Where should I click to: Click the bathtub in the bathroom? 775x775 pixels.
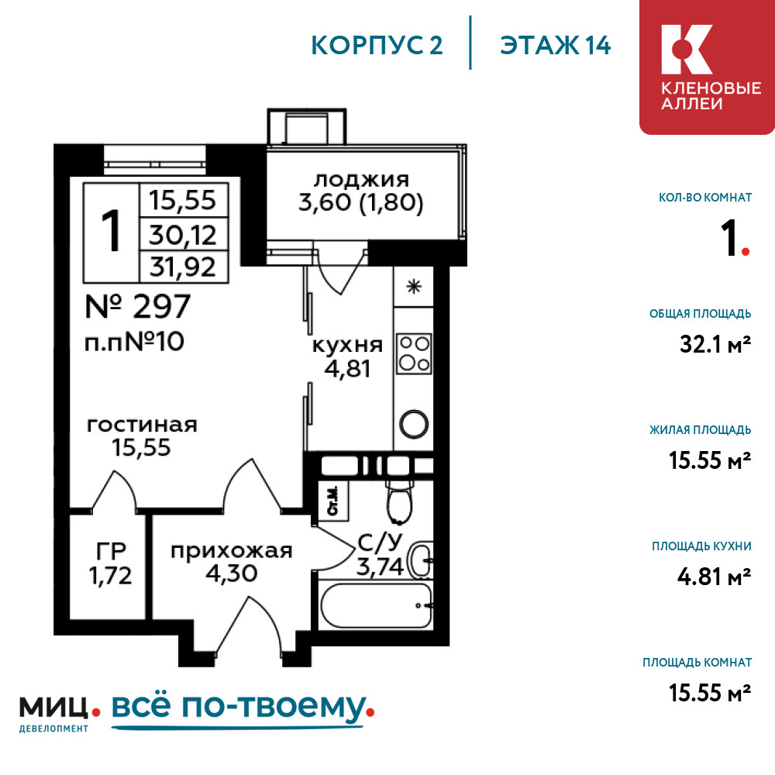click(376, 605)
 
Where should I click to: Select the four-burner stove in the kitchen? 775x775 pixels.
click(414, 354)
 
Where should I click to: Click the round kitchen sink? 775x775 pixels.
click(414, 424)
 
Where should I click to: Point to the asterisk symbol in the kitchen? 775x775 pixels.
click(414, 287)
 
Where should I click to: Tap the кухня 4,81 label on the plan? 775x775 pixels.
click(347, 356)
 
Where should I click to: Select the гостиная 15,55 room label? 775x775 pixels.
click(142, 436)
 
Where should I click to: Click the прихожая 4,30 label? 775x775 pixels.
click(231, 562)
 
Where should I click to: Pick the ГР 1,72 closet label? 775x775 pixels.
click(111, 563)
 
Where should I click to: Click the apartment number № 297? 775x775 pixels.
click(138, 306)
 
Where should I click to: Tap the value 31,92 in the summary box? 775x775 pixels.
click(183, 267)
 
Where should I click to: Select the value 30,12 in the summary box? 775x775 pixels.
click(183, 235)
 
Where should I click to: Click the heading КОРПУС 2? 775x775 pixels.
click(377, 46)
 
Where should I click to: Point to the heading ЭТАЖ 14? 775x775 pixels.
click(556, 46)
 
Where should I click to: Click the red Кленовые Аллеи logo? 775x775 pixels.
click(707, 67)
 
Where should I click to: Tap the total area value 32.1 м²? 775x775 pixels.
click(715, 344)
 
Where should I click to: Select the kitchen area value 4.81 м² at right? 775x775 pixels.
click(715, 577)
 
